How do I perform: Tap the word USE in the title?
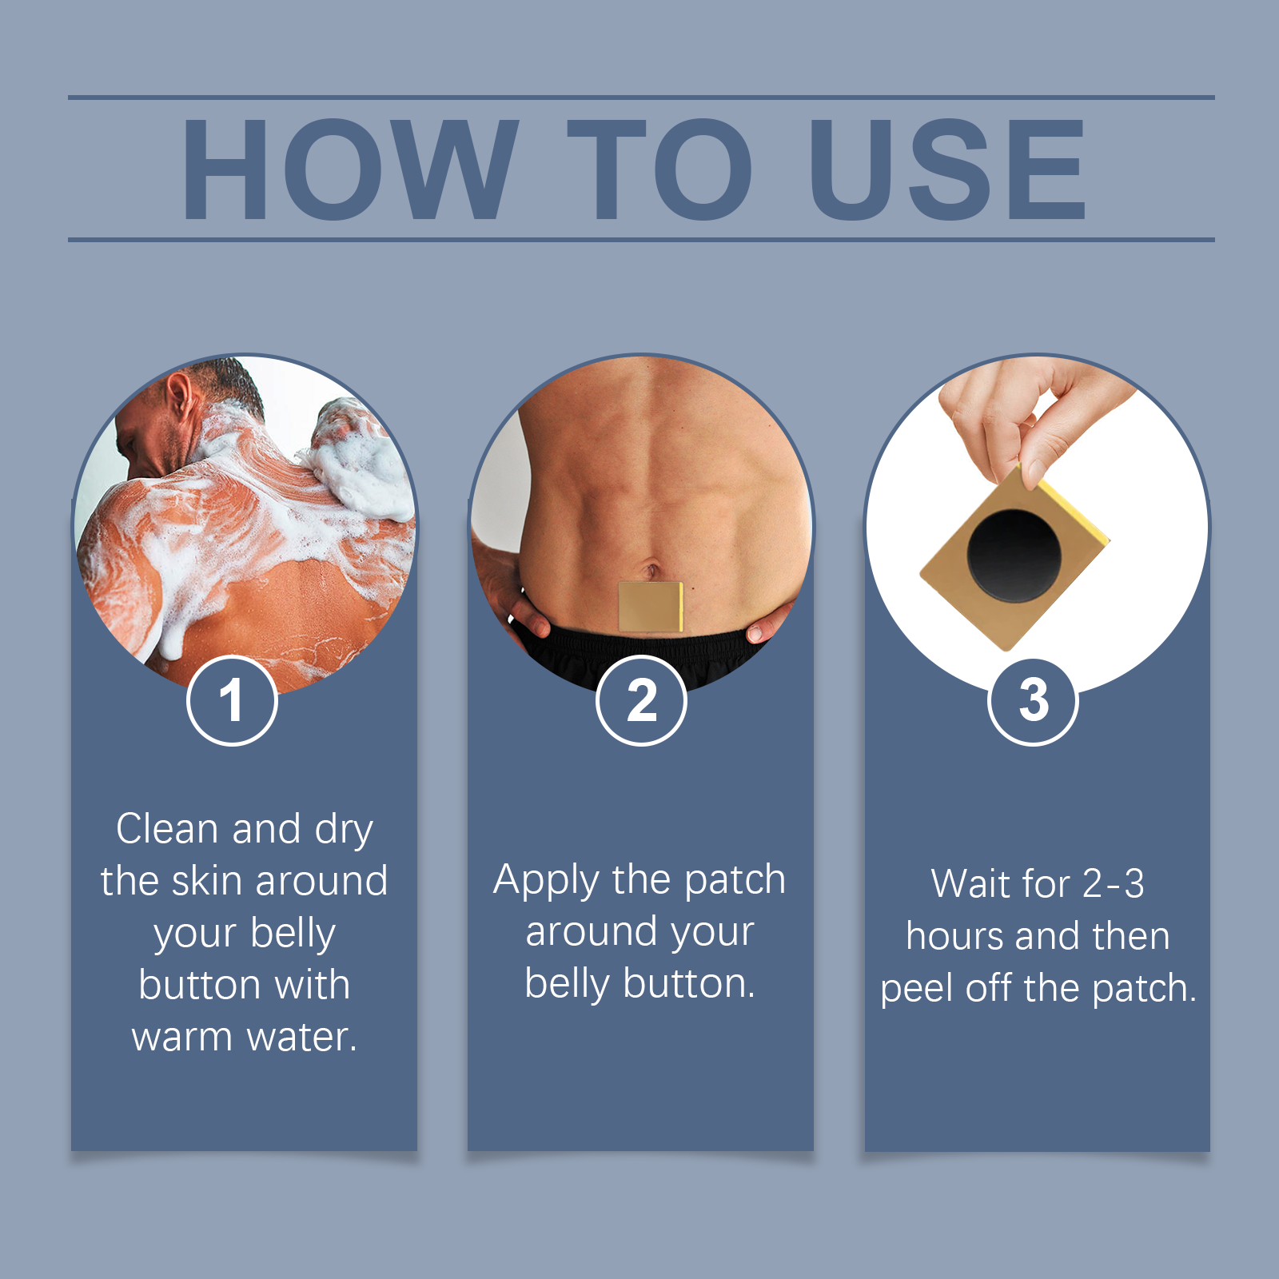coord(947,169)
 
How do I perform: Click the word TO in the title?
coord(659,169)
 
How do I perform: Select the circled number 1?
coord(232,700)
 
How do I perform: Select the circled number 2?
coord(641,700)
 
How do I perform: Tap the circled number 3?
coord(1034,700)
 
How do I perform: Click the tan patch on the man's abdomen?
coord(650,606)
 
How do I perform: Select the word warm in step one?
coord(181,1037)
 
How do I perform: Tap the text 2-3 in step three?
coord(1113,884)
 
